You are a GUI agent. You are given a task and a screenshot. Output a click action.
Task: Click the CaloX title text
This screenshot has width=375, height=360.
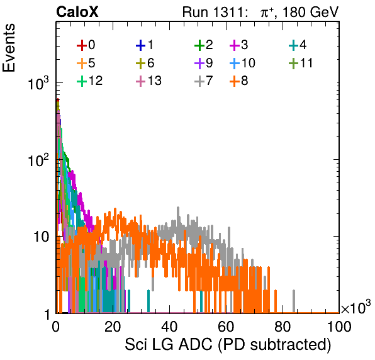tap(77, 12)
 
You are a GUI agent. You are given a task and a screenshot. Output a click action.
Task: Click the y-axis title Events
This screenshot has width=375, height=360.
tap(9, 48)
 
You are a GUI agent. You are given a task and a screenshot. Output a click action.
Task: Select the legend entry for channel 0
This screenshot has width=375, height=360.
tap(86, 45)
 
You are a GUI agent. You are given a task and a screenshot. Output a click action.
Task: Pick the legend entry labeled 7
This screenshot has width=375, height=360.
tap(204, 81)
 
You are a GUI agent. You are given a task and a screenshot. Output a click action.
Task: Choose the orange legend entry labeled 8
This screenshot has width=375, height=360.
tap(239, 81)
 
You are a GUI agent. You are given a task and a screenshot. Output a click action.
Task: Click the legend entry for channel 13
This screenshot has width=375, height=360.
tap(148, 81)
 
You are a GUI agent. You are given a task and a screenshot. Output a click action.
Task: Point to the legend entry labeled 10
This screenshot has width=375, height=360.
tap(242, 63)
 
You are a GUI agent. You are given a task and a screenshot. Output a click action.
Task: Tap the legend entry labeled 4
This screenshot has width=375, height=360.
tap(298, 45)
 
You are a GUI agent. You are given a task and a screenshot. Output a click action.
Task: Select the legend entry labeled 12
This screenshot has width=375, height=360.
tap(90, 81)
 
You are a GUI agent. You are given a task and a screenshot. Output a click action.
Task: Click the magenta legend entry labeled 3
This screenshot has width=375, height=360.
tap(239, 45)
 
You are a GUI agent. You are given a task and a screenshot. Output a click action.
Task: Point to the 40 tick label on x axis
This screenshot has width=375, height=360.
tap(169, 327)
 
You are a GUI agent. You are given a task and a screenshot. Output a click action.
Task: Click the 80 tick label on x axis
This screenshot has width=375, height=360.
tap(283, 327)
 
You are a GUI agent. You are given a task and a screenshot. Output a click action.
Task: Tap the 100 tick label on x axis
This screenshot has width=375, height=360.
tap(339, 327)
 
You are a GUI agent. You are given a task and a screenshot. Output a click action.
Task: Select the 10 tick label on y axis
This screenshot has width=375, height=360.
tap(41, 237)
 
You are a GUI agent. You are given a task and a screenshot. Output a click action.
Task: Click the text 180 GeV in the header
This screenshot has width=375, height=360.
tap(310, 12)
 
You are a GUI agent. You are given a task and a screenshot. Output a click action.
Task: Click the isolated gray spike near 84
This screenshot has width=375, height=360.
tap(294, 301)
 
